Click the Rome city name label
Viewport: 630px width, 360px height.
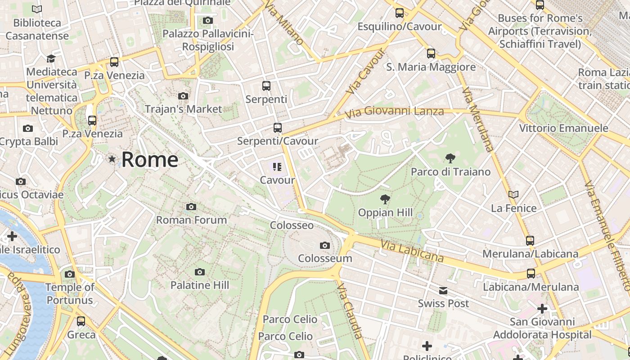pos(149,160)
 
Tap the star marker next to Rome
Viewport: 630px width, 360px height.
pos(112,159)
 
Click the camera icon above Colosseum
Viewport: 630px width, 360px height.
pos(324,245)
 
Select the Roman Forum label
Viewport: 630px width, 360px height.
pos(191,220)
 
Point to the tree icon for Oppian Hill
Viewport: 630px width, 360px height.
pos(385,199)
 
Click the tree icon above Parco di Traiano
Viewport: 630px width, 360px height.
pos(450,158)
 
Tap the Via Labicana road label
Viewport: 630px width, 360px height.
pos(412,251)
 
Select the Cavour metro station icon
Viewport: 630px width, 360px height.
pos(277,167)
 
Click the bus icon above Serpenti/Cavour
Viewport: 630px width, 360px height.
pos(278,128)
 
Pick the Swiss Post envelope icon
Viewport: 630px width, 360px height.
pos(443,291)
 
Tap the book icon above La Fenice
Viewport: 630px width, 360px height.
pos(513,194)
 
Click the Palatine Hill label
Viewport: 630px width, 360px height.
pos(199,285)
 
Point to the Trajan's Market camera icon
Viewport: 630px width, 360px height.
pos(183,96)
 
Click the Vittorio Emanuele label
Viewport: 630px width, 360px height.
pos(563,128)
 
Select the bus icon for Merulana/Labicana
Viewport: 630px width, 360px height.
pos(530,240)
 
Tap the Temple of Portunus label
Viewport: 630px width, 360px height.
pos(70,293)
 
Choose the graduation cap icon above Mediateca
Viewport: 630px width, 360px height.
pos(51,58)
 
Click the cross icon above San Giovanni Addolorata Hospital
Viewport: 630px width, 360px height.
pos(542,309)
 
